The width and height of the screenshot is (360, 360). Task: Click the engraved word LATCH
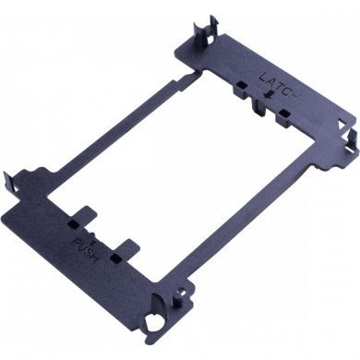(x=280, y=85)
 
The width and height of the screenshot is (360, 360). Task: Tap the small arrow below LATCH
(x=270, y=93)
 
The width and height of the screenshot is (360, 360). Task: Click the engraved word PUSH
(x=85, y=249)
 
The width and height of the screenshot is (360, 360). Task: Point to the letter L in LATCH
(x=264, y=77)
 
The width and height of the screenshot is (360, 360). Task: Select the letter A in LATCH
(x=271, y=80)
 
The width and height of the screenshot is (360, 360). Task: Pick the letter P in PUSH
(x=76, y=242)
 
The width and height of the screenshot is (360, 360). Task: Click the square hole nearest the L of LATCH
(x=241, y=84)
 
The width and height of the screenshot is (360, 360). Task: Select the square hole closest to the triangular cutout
(x=284, y=113)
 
